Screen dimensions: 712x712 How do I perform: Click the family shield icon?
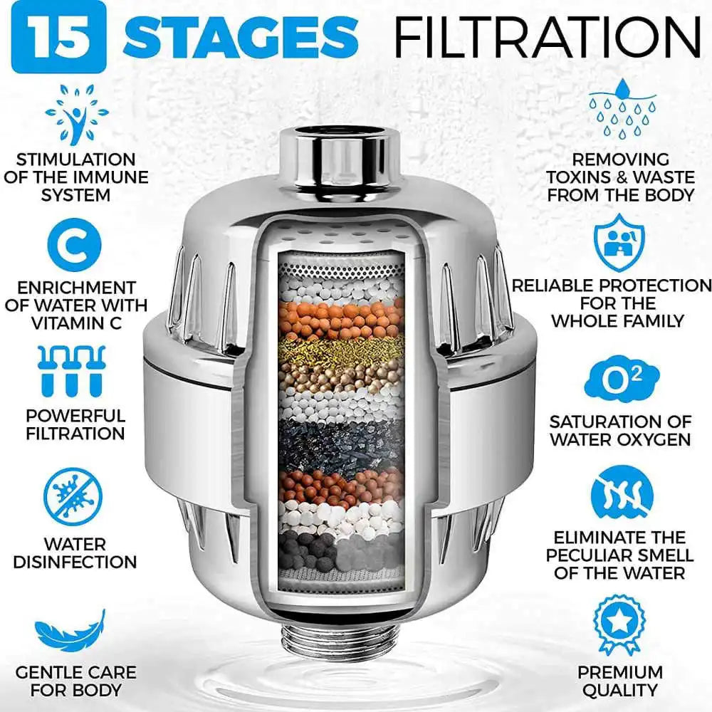coord(619,243)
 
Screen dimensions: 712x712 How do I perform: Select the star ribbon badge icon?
coord(619,624)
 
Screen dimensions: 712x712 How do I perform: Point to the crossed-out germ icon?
coord(73,497)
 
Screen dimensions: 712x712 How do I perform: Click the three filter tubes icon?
coord(70,370)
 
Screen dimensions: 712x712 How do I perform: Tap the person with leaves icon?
coord(76,114)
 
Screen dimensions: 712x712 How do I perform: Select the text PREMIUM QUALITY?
coord(619,681)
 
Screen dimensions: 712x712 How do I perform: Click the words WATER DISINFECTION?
coord(75,553)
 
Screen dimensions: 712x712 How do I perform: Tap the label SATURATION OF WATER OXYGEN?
coord(620,430)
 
